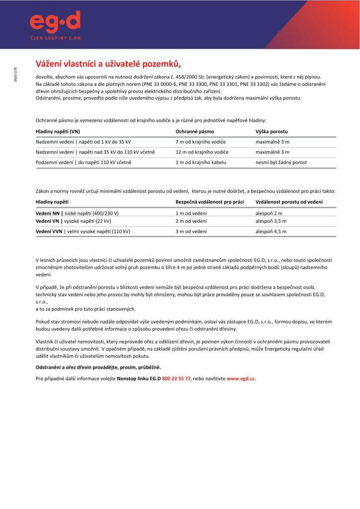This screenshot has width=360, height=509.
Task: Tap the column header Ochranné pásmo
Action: pos(195,132)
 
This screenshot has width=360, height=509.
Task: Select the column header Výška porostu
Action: pos(271,132)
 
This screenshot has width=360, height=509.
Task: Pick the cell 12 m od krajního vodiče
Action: pos(203,152)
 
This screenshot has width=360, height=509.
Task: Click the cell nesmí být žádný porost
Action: pos(281,163)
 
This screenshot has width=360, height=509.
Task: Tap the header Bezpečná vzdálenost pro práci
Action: pos(209,202)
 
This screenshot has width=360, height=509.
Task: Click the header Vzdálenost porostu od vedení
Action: pos(289,202)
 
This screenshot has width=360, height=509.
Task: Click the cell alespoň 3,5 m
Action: pos(271,221)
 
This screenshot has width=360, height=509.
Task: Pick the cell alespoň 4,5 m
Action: pos(271,232)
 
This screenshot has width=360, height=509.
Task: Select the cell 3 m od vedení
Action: pos(191,232)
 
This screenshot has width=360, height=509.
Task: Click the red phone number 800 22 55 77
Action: pos(177,378)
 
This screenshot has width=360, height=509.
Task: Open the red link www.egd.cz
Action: pos(241,378)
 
